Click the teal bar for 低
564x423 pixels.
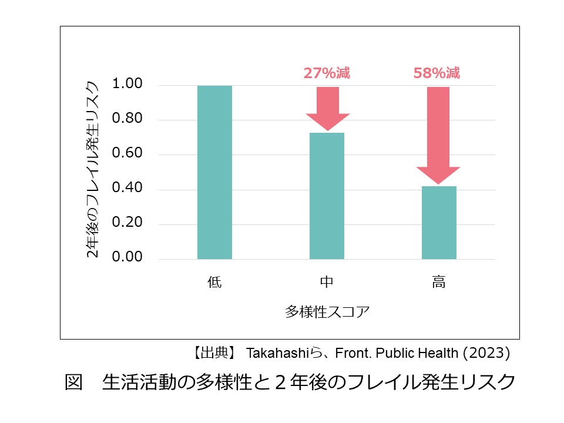pyautogui.click(x=214, y=172)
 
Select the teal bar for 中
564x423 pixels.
pyautogui.click(x=327, y=196)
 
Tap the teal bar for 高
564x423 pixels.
pyautogui.click(x=439, y=222)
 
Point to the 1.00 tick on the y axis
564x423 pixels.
pyautogui.click(x=126, y=85)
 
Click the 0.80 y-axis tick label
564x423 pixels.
pyautogui.click(x=126, y=119)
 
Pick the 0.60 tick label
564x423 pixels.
pyautogui.click(x=126, y=154)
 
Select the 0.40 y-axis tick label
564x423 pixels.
pyautogui.click(x=126, y=189)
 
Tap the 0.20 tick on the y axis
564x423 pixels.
pyautogui.click(x=126, y=224)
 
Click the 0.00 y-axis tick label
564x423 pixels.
pyautogui.click(x=126, y=257)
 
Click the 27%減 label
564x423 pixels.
pyautogui.click(x=327, y=73)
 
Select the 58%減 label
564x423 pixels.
pyautogui.click(x=437, y=73)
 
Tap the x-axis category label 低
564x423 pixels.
pyautogui.click(x=214, y=283)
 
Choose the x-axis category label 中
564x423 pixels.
pyautogui.click(x=327, y=283)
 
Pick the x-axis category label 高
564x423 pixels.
pyautogui.click(x=439, y=283)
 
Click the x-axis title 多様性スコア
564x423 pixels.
pyautogui.click(x=327, y=311)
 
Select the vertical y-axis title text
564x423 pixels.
pyautogui.click(x=93, y=169)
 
